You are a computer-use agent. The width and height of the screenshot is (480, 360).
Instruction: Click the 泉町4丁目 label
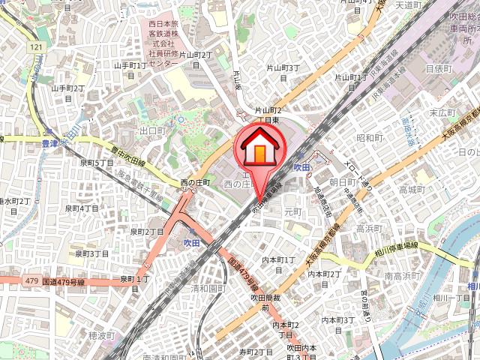82,208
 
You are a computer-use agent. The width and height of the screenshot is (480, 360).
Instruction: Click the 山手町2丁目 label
67,93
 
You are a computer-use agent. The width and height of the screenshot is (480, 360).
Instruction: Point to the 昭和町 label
370,138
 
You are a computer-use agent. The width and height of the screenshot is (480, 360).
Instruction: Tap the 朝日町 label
342,181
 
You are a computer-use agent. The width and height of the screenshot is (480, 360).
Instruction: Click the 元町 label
292,212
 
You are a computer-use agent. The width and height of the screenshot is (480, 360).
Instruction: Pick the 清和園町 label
208,288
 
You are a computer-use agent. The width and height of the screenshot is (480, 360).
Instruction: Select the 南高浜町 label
400,276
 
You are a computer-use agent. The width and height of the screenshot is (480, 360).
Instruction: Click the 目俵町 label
439,68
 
